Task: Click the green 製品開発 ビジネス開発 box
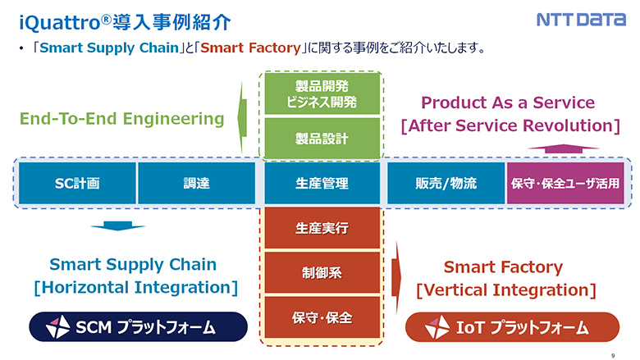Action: pos(322,94)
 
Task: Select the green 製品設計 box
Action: pos(322,139)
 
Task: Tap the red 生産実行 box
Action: pos(322,228)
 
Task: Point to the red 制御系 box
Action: pos(322,272)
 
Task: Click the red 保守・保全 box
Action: pos(322,317)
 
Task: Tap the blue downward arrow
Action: pos(118,226)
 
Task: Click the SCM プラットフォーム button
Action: pos(137,327)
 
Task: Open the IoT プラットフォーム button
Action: pos(512,327)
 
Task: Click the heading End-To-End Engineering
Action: pos(122,119)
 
